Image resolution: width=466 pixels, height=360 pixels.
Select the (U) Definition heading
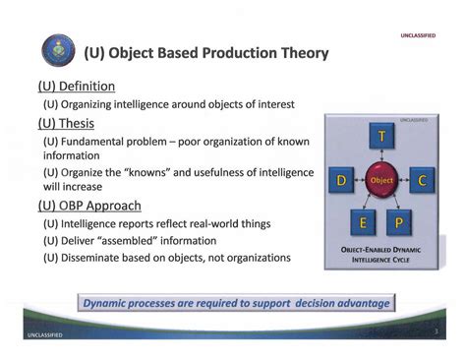coord(77,87)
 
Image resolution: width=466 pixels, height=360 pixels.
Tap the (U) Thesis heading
coord(66,124)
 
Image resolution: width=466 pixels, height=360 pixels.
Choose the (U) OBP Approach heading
coord(89,206)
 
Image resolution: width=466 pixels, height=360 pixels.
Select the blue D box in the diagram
coord(342,181)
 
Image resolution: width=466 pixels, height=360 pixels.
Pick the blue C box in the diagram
coord(421,181)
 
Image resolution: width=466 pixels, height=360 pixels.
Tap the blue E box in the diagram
coord(363,222)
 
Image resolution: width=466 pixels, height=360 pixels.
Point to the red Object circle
coord(381,181)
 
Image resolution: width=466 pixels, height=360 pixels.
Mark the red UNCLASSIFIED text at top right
coord(417,35)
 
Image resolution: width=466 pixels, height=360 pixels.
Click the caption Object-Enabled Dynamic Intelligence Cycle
coord(381,256)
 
